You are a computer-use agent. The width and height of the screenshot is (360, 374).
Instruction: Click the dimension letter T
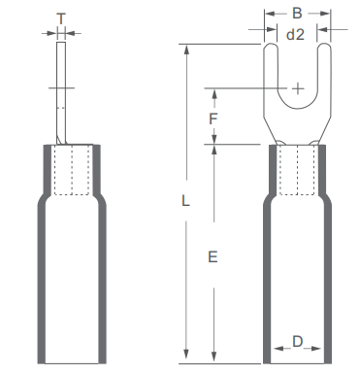coord(61,18)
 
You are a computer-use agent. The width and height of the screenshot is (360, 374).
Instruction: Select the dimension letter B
coord(297,14)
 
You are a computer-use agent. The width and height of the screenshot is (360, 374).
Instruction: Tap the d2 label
coord(295,34)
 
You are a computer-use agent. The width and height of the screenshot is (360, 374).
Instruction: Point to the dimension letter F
coord(213,119)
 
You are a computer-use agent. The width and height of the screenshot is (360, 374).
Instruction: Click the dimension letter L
coord(185,201)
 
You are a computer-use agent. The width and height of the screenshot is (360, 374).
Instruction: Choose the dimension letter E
coord(213,257)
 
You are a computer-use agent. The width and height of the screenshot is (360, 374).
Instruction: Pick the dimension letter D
coord(297,341)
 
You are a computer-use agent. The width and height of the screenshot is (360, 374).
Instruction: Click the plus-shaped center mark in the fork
coord(298,88)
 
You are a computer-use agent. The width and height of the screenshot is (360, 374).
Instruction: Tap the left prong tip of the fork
coord(271,44)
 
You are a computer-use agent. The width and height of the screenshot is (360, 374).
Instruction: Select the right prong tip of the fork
coord(324,44)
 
